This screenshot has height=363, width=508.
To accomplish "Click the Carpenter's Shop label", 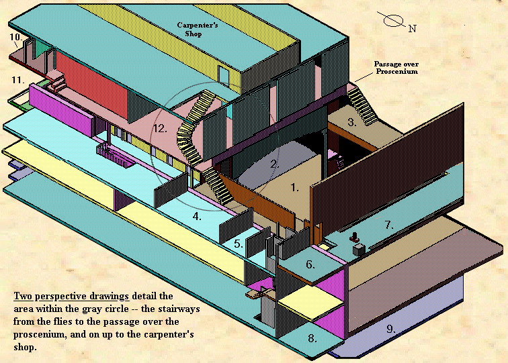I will pyautogui.click(x=193, y=31).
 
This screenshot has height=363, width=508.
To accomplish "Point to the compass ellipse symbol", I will pyautogui.click(x=392, y=19).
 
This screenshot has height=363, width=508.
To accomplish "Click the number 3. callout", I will pyautogui.click(x=351, y=122).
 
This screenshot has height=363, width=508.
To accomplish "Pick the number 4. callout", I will pyautogui.click(x=197, y=216).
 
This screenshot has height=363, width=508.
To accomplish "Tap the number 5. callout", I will pyautogui.click(x=239, y=244).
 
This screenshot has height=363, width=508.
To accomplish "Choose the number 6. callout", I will pyautogui.click(x=310, y=264).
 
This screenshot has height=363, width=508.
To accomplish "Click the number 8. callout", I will pyautogui.click(x=312, y=338).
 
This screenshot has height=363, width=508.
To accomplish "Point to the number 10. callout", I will pyautogui.click(x=15, y=37).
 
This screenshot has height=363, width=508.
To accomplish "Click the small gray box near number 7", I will pyautogui.click(x=359, y=250).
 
